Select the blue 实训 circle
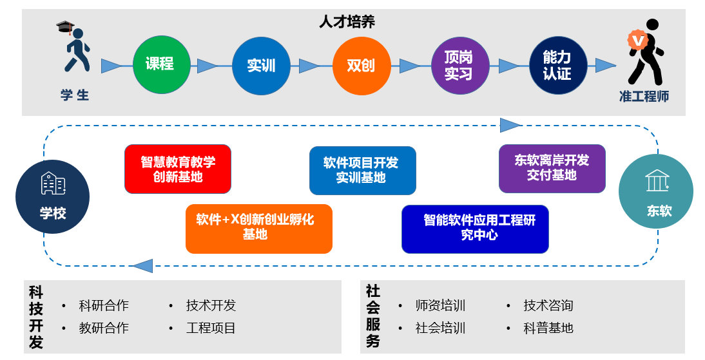coord(261,65)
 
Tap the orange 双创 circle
coord(362,65)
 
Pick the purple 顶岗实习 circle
coord(459,65)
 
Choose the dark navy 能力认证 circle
coord(557,65)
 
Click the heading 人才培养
coord(347,21)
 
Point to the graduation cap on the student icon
coord(65,27)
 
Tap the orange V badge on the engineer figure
coord(637,41)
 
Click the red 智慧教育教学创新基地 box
coord(178,169)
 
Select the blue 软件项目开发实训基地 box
coord(362,170)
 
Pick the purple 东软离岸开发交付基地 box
coord(552,168)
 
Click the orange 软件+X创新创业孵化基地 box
coord(258,228)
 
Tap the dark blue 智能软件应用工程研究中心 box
coord(475,229)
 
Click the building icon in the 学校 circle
coord(53,184)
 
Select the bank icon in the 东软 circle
coord(657,181)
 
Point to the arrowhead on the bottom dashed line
coord(142,265)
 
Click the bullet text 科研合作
coord(104,305)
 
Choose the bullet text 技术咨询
coord(548,305)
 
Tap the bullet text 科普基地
coord(548,328)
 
